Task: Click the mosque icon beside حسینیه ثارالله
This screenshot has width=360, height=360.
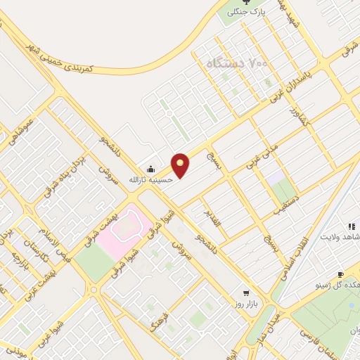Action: coord(150,169)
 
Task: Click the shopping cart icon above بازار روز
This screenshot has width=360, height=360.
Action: coord(245,292)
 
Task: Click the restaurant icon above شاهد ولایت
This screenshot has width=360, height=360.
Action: coord(350,226)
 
